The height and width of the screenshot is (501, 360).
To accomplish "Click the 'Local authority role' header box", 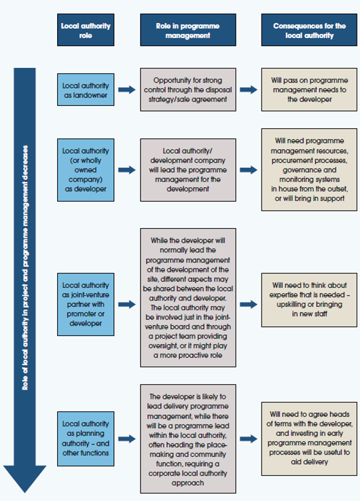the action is coord(86,30).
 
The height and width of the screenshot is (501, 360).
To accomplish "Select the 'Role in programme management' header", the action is coord(188,30).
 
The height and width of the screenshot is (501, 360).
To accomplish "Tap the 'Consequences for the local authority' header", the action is coord(309,30).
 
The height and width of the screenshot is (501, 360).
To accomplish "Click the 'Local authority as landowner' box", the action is coord(86,90).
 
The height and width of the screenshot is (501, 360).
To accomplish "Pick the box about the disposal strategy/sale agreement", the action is coord(188,90).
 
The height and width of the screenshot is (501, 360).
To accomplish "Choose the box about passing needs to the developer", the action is coord(309,90).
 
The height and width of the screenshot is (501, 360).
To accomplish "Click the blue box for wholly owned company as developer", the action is coord(86,170).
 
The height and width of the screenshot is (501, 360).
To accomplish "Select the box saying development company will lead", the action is coord(188,170).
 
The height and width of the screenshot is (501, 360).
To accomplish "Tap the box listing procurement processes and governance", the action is coord(309,170).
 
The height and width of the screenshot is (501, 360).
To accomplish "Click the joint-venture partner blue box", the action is coord(86,305).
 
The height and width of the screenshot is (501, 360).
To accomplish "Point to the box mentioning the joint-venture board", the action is coord(188,298).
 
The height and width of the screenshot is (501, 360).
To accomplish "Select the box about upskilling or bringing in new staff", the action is coord(309,300).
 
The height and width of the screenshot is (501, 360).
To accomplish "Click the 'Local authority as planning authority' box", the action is coord(86,439).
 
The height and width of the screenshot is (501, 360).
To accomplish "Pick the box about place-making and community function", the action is coord(188,439).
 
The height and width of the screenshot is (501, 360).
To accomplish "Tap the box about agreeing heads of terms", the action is coord(309,439).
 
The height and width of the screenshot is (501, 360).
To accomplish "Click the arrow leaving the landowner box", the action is coord(127,90).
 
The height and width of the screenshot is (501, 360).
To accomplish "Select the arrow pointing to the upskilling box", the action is coord(249,305).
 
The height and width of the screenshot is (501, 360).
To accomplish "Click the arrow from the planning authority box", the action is coord(127,439).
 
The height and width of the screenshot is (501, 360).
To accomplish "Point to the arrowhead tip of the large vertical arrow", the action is coord(24,493).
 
